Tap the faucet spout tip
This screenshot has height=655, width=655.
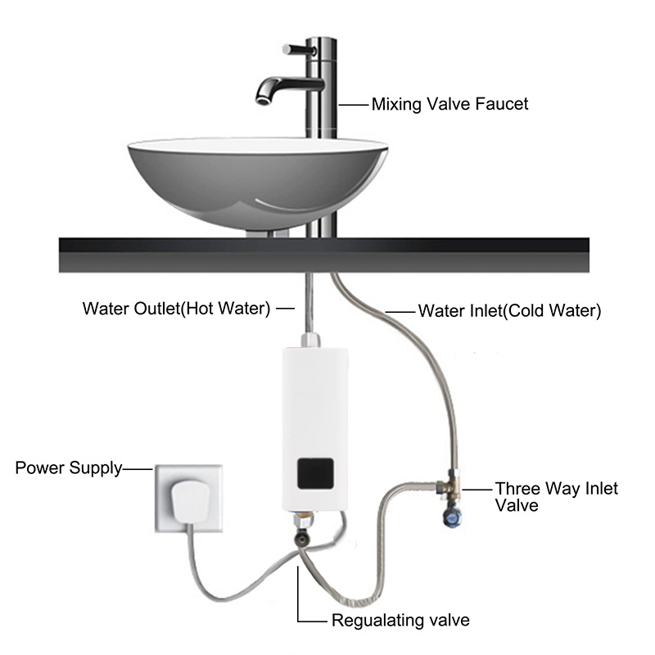click(x=263, y=101)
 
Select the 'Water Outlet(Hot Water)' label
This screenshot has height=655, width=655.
click(x=176, y=309)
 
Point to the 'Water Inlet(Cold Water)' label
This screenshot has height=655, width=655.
click(x=510, y=311)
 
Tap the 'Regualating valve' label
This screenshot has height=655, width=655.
click(x=400, y=619)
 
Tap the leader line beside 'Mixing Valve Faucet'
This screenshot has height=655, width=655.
click(x=353, y=104)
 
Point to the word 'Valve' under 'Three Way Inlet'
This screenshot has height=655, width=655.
click(x=516, y=506)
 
